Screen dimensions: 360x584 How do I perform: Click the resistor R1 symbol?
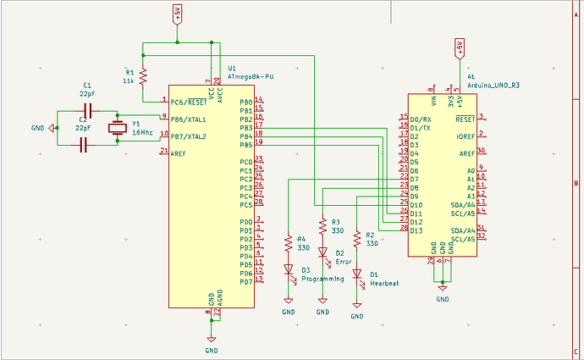[143, 75]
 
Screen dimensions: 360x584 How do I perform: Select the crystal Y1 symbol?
[118, 128]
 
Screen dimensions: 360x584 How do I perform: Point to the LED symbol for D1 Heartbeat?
[357, 274]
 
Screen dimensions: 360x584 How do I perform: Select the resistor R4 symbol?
[289, 242]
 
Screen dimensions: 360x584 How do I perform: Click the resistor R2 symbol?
[357, 239]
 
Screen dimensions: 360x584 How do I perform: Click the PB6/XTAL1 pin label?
[190, 119]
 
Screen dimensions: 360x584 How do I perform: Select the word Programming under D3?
[322, 279]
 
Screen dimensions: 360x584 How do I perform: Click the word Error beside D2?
[344, 262]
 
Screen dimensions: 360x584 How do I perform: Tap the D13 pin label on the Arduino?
[416, 230]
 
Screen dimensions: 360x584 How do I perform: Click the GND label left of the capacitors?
[38, 129]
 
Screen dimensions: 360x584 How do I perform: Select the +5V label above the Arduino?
[459, 44]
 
